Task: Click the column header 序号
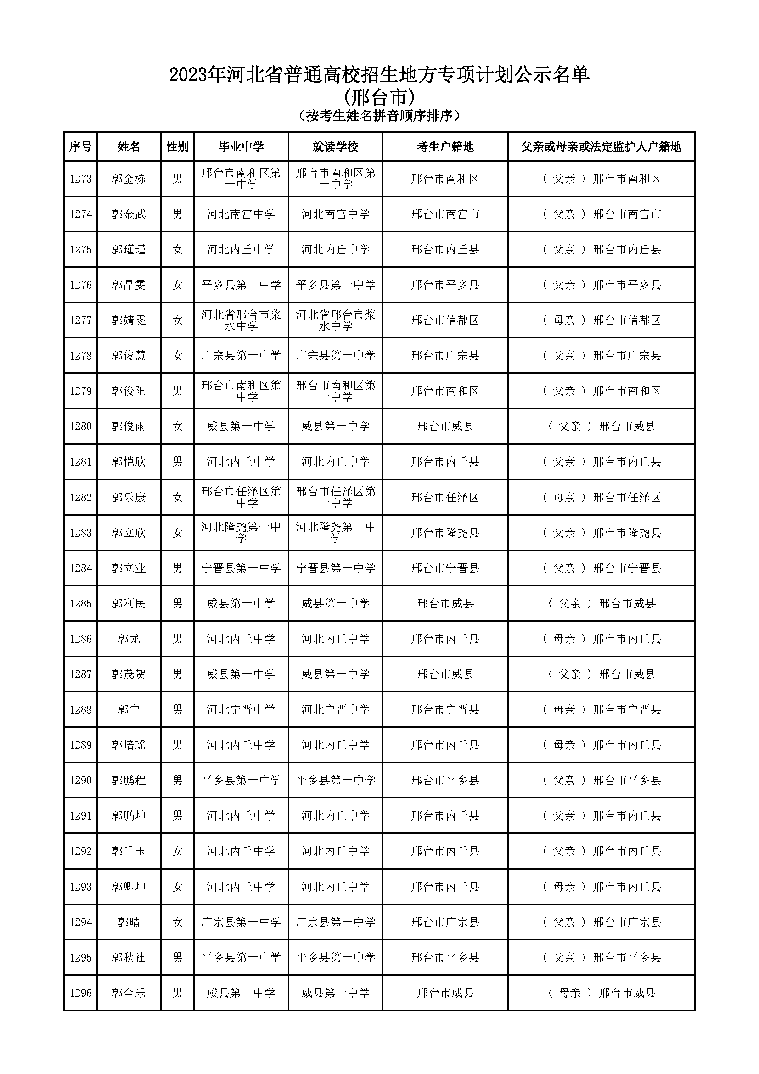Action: (x=80, y=147)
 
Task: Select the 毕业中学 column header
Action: (x=241, y=147)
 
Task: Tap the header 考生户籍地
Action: (x=445, y=147)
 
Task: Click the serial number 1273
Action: (x=80, y=179)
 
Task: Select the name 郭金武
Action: (x=129, y=214)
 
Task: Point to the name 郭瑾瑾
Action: (x=129, y=250)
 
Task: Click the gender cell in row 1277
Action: (x=177, y=321)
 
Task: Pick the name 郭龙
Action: (x=129, y=639)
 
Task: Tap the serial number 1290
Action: (x=80, y=780)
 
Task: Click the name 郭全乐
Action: (x=129, y=993)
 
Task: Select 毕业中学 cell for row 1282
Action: (x=241, y=497)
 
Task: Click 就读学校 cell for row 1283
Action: (x=335, y=533)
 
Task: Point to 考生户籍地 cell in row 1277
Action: (x=445, y=321)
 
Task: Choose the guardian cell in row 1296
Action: (x=602, y=993)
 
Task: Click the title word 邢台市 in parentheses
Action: (x=379, y=98)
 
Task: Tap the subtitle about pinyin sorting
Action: (x=379, y=116)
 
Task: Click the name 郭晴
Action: (x=129, y=922)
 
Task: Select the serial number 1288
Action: (x=80, y=709)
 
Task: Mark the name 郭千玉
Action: (x=129, y=851)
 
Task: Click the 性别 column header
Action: (x=177, y=147)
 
